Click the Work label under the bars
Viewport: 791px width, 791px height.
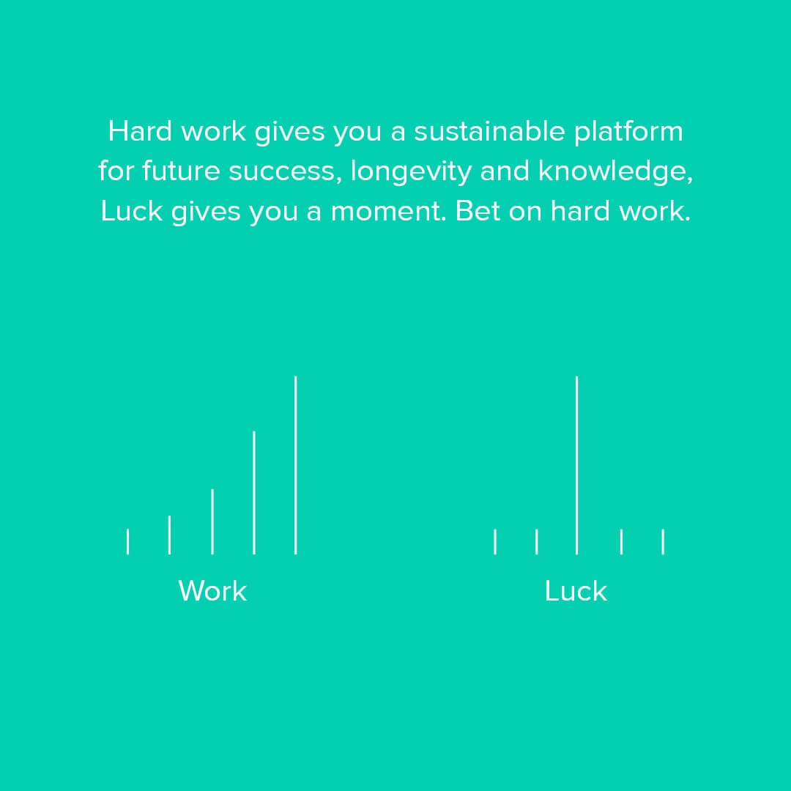pyautogui.click(x=212, y=591)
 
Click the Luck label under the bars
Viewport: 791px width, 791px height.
pyautogui.click(x=576, y=591)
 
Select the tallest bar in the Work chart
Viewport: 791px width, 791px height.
pyautogui.click(x=296, y=465)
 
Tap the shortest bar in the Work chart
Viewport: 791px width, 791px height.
pyautogui.click(x=127, y=541)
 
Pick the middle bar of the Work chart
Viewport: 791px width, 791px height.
pyautogui.click(x=212, y=521)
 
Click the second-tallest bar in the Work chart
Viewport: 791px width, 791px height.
pyautogui.click(x=253, y=493)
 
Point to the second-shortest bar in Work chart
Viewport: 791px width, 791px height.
pyautogui.click(x=169, y=535)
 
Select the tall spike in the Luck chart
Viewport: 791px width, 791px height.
pyautogui.click(x=576, y=465)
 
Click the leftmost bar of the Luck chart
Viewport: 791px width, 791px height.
pyautogui.click(x=495, y=541)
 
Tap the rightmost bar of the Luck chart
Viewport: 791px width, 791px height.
pyautogui.click(x=663, y=541)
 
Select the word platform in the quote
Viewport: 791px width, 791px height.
pyautogui.click(x=628, y=132)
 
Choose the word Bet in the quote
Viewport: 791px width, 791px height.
pyautogui.click(x=478, y=211)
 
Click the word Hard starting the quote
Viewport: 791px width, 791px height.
pyautogui.click(x=140, y=131)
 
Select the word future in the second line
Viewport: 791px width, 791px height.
pyautogui.click(x=181, y=171)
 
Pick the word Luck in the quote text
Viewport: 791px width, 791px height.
pyautogui.click(x=131, y=211)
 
